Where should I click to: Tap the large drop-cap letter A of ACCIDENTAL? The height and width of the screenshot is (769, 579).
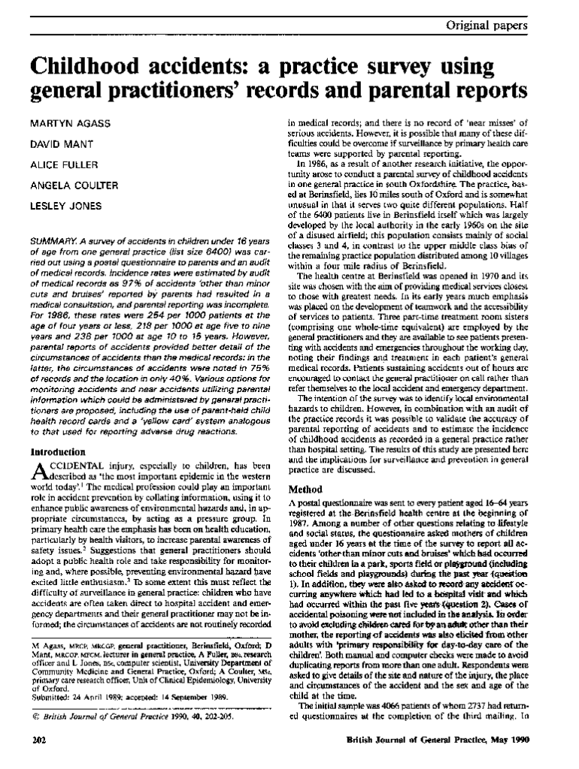(x=40, y=473)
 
